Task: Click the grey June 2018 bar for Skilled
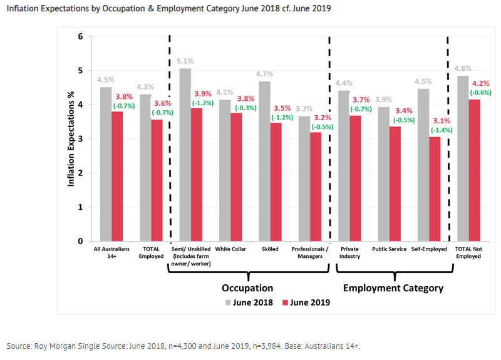pos(265,161)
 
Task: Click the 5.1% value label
pos(185,61)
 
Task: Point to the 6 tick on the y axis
pos(80,37)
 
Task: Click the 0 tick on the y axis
pos(80,241)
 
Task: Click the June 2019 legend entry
pos(307,302)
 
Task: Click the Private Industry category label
pos(350,253)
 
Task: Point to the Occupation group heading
pos(247,288)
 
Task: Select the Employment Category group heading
pos(393,288)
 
